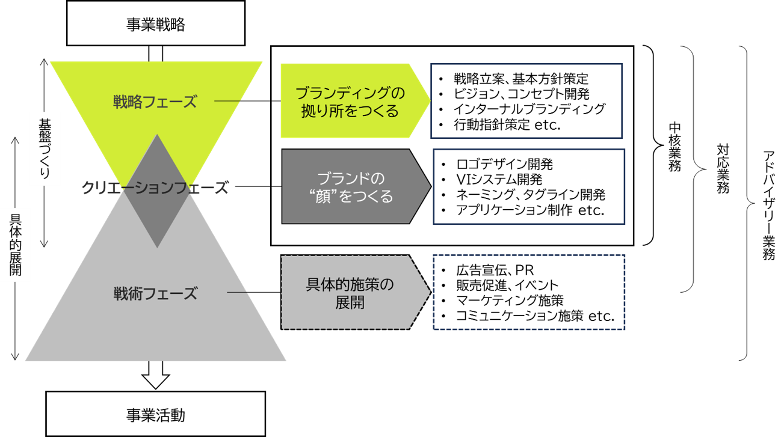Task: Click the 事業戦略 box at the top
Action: pos(155,24)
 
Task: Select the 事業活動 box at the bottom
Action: pos(155,415)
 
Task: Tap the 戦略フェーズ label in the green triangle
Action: pos(155,102)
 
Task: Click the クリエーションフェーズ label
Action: pos(155,188)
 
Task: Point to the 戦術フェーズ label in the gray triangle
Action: pos(155,294)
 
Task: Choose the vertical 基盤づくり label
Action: pos(45,148)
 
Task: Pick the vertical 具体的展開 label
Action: pos(16,244)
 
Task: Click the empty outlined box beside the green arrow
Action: pos(526,101)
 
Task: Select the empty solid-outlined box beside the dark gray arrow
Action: pos(529,187)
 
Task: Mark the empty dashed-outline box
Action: pos(529,292)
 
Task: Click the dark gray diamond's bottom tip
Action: pos(157,246)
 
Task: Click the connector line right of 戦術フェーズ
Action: pos(238,293)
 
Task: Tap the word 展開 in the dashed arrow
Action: pos(350,302)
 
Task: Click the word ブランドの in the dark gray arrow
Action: pos(351,179)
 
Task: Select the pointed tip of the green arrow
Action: pos(428,100)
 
